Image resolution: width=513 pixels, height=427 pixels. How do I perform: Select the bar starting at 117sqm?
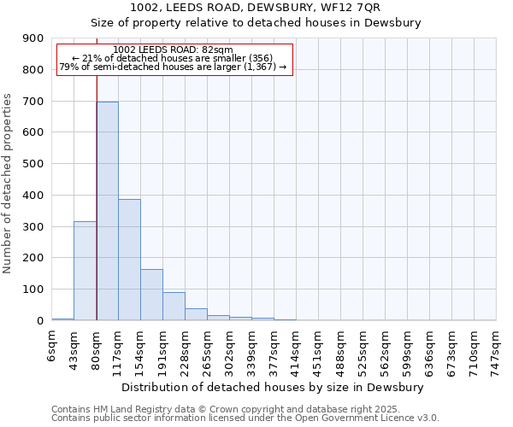(129, 260)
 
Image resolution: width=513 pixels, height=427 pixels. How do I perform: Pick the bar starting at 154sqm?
(151, 295)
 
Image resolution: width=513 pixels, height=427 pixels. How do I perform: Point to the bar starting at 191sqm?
(174, 306)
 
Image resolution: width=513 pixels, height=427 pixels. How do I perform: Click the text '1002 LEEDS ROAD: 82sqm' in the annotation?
(173, 50)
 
